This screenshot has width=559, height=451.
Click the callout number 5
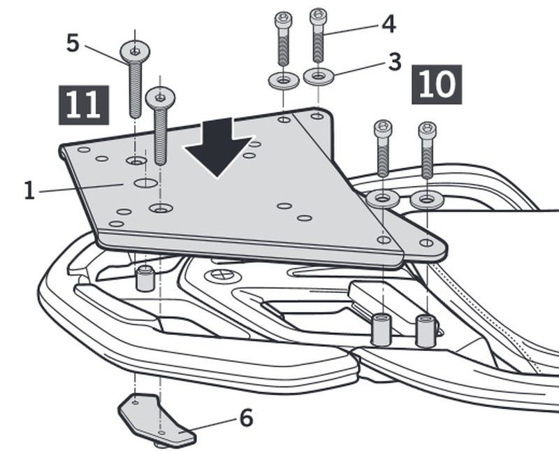pos(73,42)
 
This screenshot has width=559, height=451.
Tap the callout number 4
pos(389,23)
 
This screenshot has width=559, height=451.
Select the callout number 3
pos(394,62)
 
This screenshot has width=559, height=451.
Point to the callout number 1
pos(29,190)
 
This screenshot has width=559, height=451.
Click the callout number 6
pos(246,418)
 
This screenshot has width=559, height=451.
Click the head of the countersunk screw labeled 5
pos(135,50)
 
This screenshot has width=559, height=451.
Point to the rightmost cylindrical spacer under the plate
pos(426,331)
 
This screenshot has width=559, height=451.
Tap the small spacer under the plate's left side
pos(145,278)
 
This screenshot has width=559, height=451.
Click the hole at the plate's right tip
pos(426,243)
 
